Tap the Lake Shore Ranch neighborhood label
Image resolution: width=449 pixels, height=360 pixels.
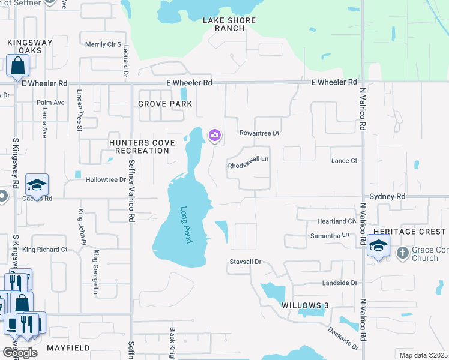point(229,25)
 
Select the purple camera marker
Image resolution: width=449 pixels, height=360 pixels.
point(215,136)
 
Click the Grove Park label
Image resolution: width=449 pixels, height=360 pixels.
point(165,104)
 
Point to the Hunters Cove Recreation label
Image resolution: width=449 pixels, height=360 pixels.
point(142,146)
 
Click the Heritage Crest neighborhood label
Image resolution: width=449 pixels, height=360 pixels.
point(409,232)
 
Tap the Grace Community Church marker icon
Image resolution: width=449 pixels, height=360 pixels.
point(402,253)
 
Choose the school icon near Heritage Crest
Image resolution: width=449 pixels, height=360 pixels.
point(378,245)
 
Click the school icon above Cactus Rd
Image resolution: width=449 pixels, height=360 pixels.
point(37,185)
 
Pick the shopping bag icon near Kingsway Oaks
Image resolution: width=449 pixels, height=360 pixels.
point(18,65)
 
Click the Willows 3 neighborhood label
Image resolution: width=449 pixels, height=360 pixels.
point(305,305)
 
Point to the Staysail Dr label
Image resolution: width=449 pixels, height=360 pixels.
point(246,262)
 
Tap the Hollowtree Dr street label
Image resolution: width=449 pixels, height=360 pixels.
point(106,179)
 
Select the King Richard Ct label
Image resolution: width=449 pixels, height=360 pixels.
point(45,249)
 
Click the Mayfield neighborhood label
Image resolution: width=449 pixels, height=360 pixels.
point(68,348)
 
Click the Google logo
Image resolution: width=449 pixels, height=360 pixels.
point(20,353)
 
